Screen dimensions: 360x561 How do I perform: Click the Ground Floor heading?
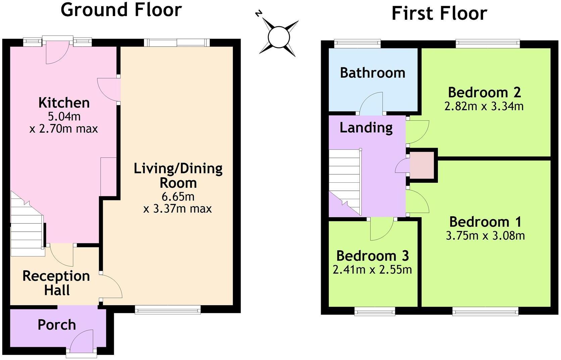(x=121, y=9)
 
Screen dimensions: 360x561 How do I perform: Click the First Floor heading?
(x=439, y=13)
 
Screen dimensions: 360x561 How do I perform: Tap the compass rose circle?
(x=279, y=37)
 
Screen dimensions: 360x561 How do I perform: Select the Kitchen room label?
(x=64, y=103)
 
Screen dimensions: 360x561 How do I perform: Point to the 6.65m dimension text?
(x=178, y=196)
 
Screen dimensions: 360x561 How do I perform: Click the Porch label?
(x=57, y=325)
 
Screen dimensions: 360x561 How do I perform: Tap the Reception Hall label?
(x=56, y=283)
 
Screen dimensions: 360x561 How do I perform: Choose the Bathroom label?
(x=372, y=73)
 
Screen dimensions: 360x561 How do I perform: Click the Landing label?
(x=366, y=128)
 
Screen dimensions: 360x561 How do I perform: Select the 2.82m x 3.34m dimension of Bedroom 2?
(x=484, y=106)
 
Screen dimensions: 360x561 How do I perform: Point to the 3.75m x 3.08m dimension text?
(x=485, y=236)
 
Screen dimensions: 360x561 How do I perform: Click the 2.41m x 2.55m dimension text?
(x=372, y=270)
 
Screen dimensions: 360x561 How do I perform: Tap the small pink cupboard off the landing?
(x=422, y=165)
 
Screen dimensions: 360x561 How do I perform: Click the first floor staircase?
(x=345, y=181)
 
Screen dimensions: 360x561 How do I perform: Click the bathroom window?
(x=357, y=43)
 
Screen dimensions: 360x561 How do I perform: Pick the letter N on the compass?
(x=258, y=13)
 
